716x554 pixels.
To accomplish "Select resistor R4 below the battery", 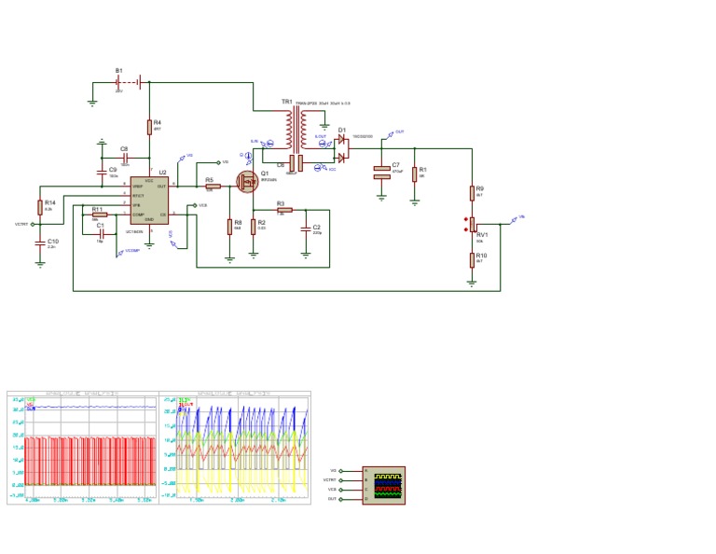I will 148,128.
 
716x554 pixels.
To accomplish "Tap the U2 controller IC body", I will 149,201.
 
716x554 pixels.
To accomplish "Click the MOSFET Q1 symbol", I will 249,181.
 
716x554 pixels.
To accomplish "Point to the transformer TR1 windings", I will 296,130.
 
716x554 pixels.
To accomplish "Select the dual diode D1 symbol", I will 342,149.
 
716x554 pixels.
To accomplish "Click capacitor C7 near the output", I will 381,172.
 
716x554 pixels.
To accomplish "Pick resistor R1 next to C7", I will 415,172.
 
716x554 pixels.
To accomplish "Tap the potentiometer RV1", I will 472,225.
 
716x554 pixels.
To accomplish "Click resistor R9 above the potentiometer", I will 473,193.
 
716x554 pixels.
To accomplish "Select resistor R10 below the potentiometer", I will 473,258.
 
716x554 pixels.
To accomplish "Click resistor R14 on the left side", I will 40,207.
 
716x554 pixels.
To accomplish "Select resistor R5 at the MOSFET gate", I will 212,187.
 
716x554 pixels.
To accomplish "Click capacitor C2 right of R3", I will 306,229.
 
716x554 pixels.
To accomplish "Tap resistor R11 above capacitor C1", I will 99,215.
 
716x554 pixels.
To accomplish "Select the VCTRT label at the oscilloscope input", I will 331,479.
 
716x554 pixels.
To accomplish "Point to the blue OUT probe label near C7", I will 399,132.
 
